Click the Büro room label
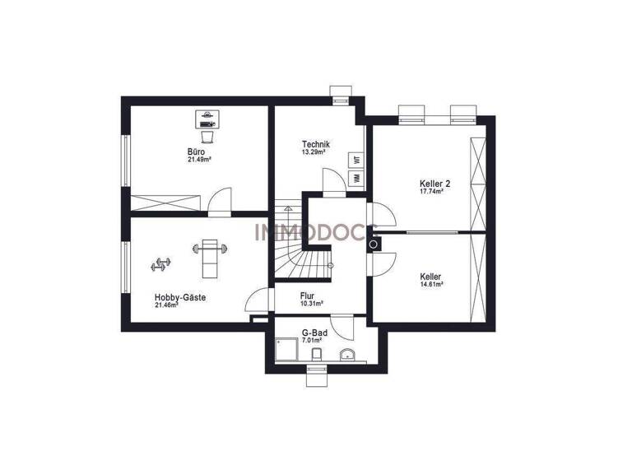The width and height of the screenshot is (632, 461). [196, 152]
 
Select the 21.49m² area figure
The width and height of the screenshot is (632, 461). [198, 161]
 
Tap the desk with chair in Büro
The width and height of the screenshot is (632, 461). [207, 123]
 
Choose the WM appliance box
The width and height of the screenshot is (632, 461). [356, 178]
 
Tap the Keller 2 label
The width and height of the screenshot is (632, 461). [431, 183]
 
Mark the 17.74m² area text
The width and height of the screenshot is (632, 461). [431, 191]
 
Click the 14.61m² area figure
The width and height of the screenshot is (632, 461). [431, 285]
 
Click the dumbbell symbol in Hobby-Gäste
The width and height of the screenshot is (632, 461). [160, 264]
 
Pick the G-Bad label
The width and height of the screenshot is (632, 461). [311, 332]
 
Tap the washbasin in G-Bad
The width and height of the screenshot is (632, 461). [347, 356]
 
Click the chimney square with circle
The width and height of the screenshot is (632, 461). [374, 244]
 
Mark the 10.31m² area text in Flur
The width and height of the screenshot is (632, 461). [311, 303]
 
